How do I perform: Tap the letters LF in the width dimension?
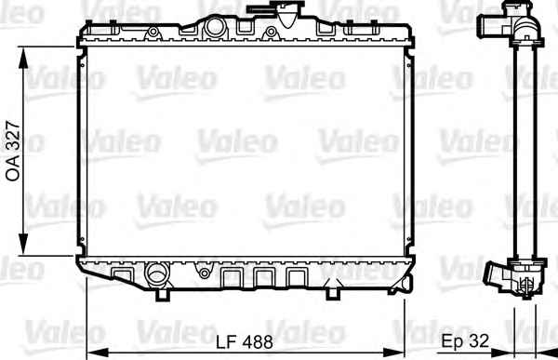[x=227, y=342]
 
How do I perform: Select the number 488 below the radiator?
[x=258, y=342]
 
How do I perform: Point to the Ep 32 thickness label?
[x=465, y=341]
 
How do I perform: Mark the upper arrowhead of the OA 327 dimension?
[x=23, y=58]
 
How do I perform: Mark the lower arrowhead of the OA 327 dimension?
[x=23, y=244]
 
